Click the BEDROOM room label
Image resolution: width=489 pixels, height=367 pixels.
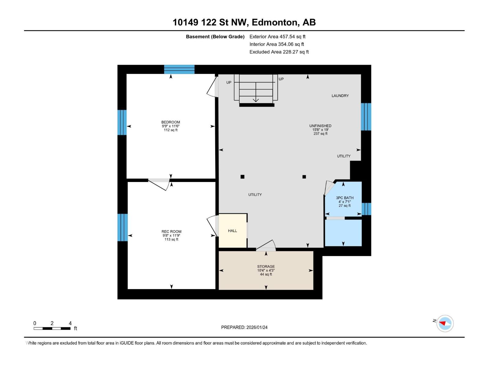(171, 122)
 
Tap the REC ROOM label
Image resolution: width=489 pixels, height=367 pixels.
(171, 232)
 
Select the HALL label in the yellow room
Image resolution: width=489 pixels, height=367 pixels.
(233, 231)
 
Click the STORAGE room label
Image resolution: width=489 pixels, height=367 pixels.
(266, 267)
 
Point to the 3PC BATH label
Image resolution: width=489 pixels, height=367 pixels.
(344, 198)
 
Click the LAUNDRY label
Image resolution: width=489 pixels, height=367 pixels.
(340, 96)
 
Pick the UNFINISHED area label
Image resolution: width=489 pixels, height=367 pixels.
(320, 126)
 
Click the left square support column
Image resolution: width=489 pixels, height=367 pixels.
(242, 177)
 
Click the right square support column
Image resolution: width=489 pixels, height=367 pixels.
(304, 177)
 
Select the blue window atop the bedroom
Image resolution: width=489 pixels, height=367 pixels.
(179, 69)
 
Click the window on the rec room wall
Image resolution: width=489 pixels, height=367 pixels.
(122, 227)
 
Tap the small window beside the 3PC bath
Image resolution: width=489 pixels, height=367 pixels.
(366, 209)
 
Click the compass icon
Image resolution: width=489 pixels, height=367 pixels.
(445, 323)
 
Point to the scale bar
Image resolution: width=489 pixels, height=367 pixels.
(52, 328)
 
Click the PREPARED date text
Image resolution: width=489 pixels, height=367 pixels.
(244, 327)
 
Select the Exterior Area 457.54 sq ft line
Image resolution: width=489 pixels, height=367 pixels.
(277, 37)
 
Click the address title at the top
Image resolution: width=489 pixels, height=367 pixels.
(244, 22)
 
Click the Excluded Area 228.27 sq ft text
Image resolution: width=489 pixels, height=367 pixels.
(279, 52)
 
